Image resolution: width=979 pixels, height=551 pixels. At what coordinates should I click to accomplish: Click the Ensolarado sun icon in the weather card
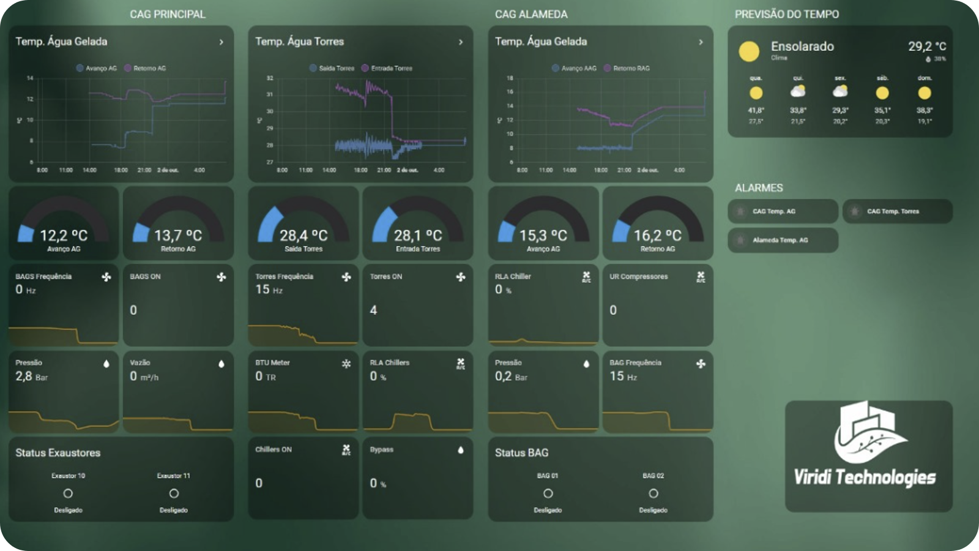[x=749, y=51]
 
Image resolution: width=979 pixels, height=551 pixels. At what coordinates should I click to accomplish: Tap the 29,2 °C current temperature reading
[x=926, y=47]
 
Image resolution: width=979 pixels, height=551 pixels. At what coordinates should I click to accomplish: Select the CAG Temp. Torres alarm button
[x=897, y=211]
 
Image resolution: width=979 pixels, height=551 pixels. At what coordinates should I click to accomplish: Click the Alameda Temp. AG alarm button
[x=783, y=240]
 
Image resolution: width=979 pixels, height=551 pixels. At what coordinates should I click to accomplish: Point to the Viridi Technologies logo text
[x=865, y=477]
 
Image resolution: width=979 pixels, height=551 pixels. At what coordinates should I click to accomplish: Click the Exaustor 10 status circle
[x=68, y=493]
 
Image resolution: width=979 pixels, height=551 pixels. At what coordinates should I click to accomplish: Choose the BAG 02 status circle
[x=653, y=493]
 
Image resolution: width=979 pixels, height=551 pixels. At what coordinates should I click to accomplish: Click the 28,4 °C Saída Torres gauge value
[x=303, y=236]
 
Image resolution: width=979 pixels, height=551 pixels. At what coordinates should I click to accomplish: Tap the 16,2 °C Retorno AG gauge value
[x=657, y=236]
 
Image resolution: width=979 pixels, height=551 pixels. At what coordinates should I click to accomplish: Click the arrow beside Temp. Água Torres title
[x=461, y=42]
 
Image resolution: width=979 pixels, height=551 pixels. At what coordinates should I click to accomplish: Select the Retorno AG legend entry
[x=145, y=68]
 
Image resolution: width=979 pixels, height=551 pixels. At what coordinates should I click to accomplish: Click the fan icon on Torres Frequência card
[x=346, y=277]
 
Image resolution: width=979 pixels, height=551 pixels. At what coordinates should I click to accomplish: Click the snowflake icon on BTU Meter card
[x=346, y=364]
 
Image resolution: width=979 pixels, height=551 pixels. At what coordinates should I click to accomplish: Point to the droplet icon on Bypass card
[x=461, y=450]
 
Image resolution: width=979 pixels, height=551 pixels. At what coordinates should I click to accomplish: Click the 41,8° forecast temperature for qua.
[x=756, y=110]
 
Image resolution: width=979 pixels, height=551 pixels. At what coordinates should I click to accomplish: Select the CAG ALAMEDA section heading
[x=531, y=14]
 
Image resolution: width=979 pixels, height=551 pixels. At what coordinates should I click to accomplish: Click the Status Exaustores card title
[x=58, y=453]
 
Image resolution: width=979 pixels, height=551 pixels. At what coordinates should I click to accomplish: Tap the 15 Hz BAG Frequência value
[x=623, y=377]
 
